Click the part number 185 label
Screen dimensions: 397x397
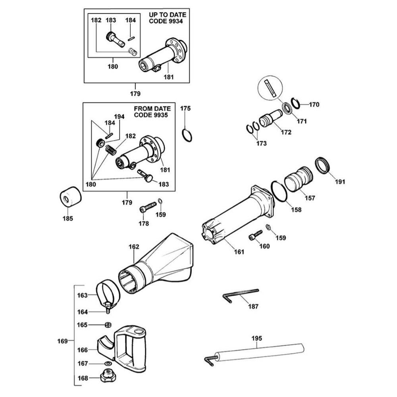click(68, 218)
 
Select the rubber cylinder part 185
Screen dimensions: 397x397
click(70, 197)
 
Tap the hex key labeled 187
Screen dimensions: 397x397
click(240, 295)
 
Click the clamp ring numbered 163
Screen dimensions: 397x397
click(108, 294)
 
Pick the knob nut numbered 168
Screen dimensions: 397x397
click(108, 375)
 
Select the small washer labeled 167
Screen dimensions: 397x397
click(108, 363)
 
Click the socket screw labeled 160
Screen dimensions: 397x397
click(255, 235)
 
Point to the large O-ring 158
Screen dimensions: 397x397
click(279, 191)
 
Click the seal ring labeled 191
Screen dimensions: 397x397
click(323, 165)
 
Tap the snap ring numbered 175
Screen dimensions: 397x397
click(187, 135)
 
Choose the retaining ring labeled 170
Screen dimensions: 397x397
click(295, 103)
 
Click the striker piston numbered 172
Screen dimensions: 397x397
click(270, 118)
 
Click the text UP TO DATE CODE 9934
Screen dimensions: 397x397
click(168, 18)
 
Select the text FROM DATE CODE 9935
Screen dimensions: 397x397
click(152, 112)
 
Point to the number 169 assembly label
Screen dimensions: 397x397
click(62, 341)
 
